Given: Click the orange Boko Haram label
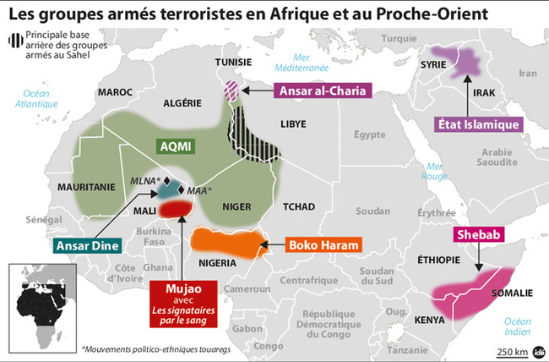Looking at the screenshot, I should [x=324, y=246].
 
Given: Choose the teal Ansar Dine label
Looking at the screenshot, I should [x=87, y=246].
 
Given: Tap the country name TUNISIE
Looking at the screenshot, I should [x=232, y=63].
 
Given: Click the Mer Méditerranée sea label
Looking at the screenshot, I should [x=305, y=62].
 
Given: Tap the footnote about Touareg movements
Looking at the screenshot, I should [x=148, y=348].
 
